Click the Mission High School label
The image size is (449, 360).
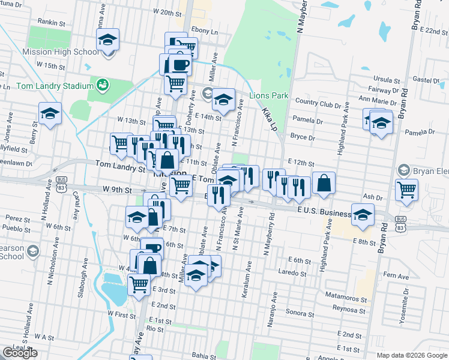coord(60,52)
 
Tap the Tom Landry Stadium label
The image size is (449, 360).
coord(53,85)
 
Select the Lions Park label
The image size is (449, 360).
coord(270,96)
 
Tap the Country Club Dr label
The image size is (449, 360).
coord(315,103)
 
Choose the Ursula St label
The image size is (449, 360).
coord(387,80)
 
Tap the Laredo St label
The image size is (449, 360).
coord(292,272)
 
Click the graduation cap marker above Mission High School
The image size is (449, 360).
coord(107,40)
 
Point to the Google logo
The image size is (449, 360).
coord(20,353)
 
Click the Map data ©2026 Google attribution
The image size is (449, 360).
coord(411,355)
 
